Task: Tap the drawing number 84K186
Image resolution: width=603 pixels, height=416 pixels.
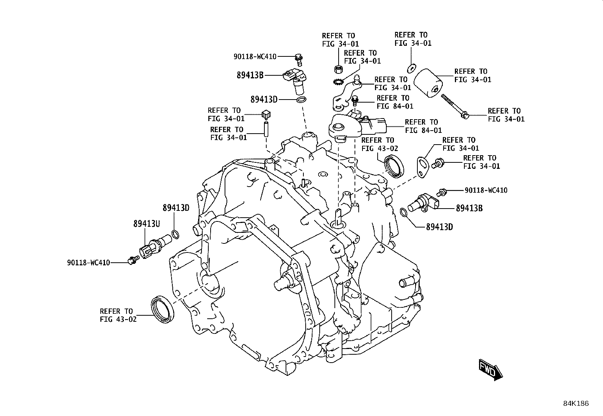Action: click(576, 404)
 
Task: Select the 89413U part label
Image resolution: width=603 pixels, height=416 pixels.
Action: click(147, 223)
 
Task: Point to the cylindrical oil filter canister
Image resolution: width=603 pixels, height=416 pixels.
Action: click(428, 83)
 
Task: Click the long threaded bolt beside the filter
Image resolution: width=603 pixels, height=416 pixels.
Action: click(455, 107)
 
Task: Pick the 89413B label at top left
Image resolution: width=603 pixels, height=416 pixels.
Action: click(250, 75)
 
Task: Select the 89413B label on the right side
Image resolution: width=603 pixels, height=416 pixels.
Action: click(469, 208)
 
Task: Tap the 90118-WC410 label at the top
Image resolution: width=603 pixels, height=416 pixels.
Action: click(255, 56)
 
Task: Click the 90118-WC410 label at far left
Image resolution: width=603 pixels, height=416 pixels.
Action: click(89, 262)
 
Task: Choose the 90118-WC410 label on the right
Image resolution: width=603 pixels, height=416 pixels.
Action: click(486, 190)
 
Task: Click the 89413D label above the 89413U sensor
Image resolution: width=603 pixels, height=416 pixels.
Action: click(176, 208)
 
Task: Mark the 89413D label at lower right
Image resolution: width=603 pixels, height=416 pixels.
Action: click(439, 227)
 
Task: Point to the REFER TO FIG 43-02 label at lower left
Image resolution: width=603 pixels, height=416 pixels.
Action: click(118, 315)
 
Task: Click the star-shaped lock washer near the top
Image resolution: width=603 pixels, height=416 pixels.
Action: click(337, 81)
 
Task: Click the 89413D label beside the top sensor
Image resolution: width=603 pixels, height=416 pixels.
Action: click(264, 99)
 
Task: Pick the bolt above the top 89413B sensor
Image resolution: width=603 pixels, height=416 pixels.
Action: click(298, 59)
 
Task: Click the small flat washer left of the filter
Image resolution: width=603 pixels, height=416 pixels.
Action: click(412, 69)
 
